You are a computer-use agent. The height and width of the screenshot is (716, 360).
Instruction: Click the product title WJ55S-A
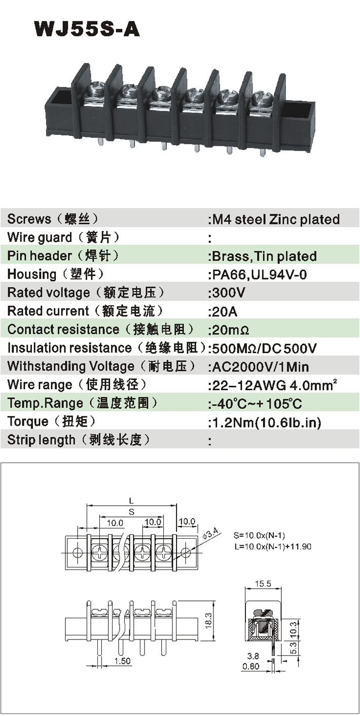click(x=87, y=29)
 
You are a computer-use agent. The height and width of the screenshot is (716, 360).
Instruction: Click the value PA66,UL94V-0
click(x=258, y=275)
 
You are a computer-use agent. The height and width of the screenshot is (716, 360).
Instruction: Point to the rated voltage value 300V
click(x=227, y=293)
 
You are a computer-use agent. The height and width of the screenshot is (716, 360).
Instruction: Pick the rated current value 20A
click(x=224, y=311)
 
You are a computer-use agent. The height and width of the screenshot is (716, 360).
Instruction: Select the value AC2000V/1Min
click(x=259, y=366)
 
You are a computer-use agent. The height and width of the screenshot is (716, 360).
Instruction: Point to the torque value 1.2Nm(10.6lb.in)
click(x=265, y=422)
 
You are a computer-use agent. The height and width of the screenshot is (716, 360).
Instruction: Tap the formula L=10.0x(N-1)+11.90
click(x=272, y=547)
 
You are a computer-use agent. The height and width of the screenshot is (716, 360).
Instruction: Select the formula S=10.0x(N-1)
click(x=262, y=535)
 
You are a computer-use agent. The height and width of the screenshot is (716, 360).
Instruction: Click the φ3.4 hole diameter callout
click(x=209, y=534)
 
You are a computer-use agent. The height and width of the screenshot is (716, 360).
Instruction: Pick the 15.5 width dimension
click(x=263, y=584)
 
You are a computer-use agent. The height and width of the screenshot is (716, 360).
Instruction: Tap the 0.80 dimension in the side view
click(x=251, y=666)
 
